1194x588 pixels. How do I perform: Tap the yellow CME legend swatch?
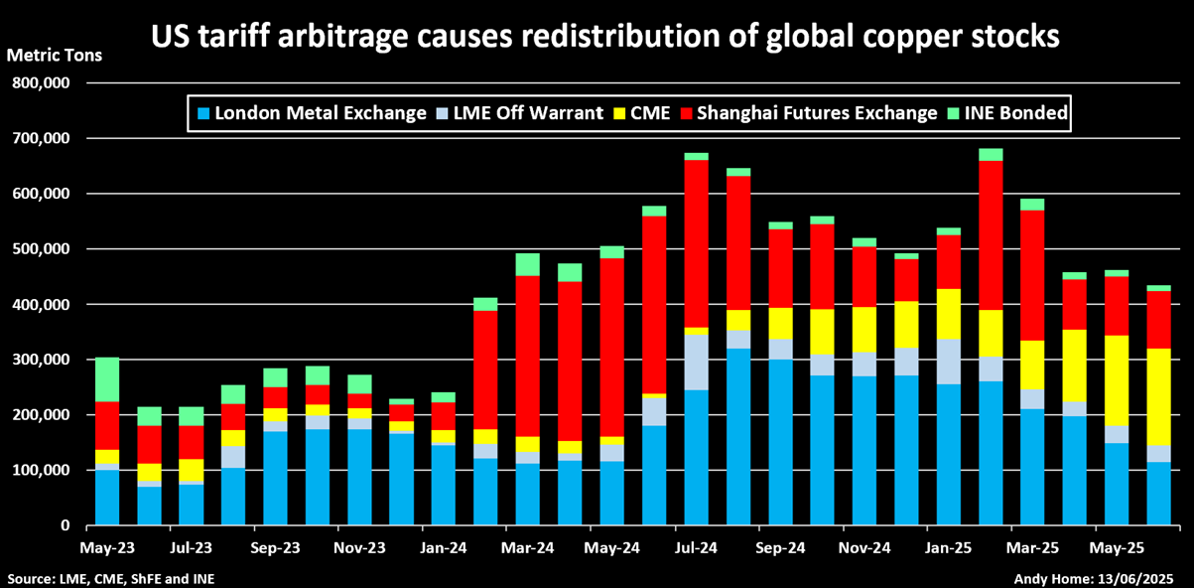[x=628, y=113]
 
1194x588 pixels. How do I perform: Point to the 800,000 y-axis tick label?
[x=39, y=83]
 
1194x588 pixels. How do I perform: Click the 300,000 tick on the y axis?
[x=39, y=360]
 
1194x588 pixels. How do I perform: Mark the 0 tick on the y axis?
[x=65, y=525]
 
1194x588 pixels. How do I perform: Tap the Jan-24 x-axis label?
[x=444, y=547]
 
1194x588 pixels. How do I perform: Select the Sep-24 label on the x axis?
[x=780, y=547]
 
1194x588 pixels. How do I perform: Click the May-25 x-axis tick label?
[x=1117, y=547]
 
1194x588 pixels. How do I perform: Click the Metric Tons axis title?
[x=54, y=55]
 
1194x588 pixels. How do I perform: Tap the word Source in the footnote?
[x=30, y=578]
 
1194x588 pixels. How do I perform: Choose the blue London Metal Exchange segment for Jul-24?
[x=696, y=458]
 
